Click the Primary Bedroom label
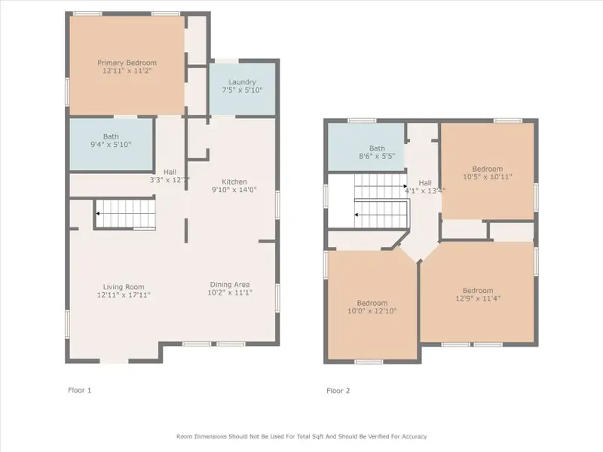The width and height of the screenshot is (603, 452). [x=127, y=63]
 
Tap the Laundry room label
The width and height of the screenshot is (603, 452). [x=242, y=82]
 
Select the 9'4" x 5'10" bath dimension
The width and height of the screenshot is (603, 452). [x=111, y=145]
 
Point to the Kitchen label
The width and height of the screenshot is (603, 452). [x=234, y=182]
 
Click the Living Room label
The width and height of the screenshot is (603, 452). [x=124, y=287]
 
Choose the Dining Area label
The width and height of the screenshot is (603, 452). [x=230, y=285]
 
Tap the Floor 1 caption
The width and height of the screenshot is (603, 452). [x=80, y=390]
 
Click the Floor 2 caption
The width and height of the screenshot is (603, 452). [x=338, y=391]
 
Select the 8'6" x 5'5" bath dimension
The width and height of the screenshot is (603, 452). [x=377, y=157]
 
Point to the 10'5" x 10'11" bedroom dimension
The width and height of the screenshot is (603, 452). [x=488, y=177]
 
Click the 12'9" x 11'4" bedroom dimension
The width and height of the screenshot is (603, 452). [x=478, y=298]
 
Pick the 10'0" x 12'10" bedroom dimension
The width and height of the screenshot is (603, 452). [x=372, y=311]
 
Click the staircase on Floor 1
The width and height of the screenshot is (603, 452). [x=125, y=214]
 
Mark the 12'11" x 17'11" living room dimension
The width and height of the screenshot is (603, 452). [x=124, y=295]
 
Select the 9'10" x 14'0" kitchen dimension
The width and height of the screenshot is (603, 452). [x=234, y=190]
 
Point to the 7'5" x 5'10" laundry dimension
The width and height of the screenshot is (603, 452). [x=242, y=90]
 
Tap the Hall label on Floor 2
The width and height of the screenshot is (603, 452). [x=425, y=183]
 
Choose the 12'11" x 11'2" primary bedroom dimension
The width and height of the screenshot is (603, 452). [x=127, y=71]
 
